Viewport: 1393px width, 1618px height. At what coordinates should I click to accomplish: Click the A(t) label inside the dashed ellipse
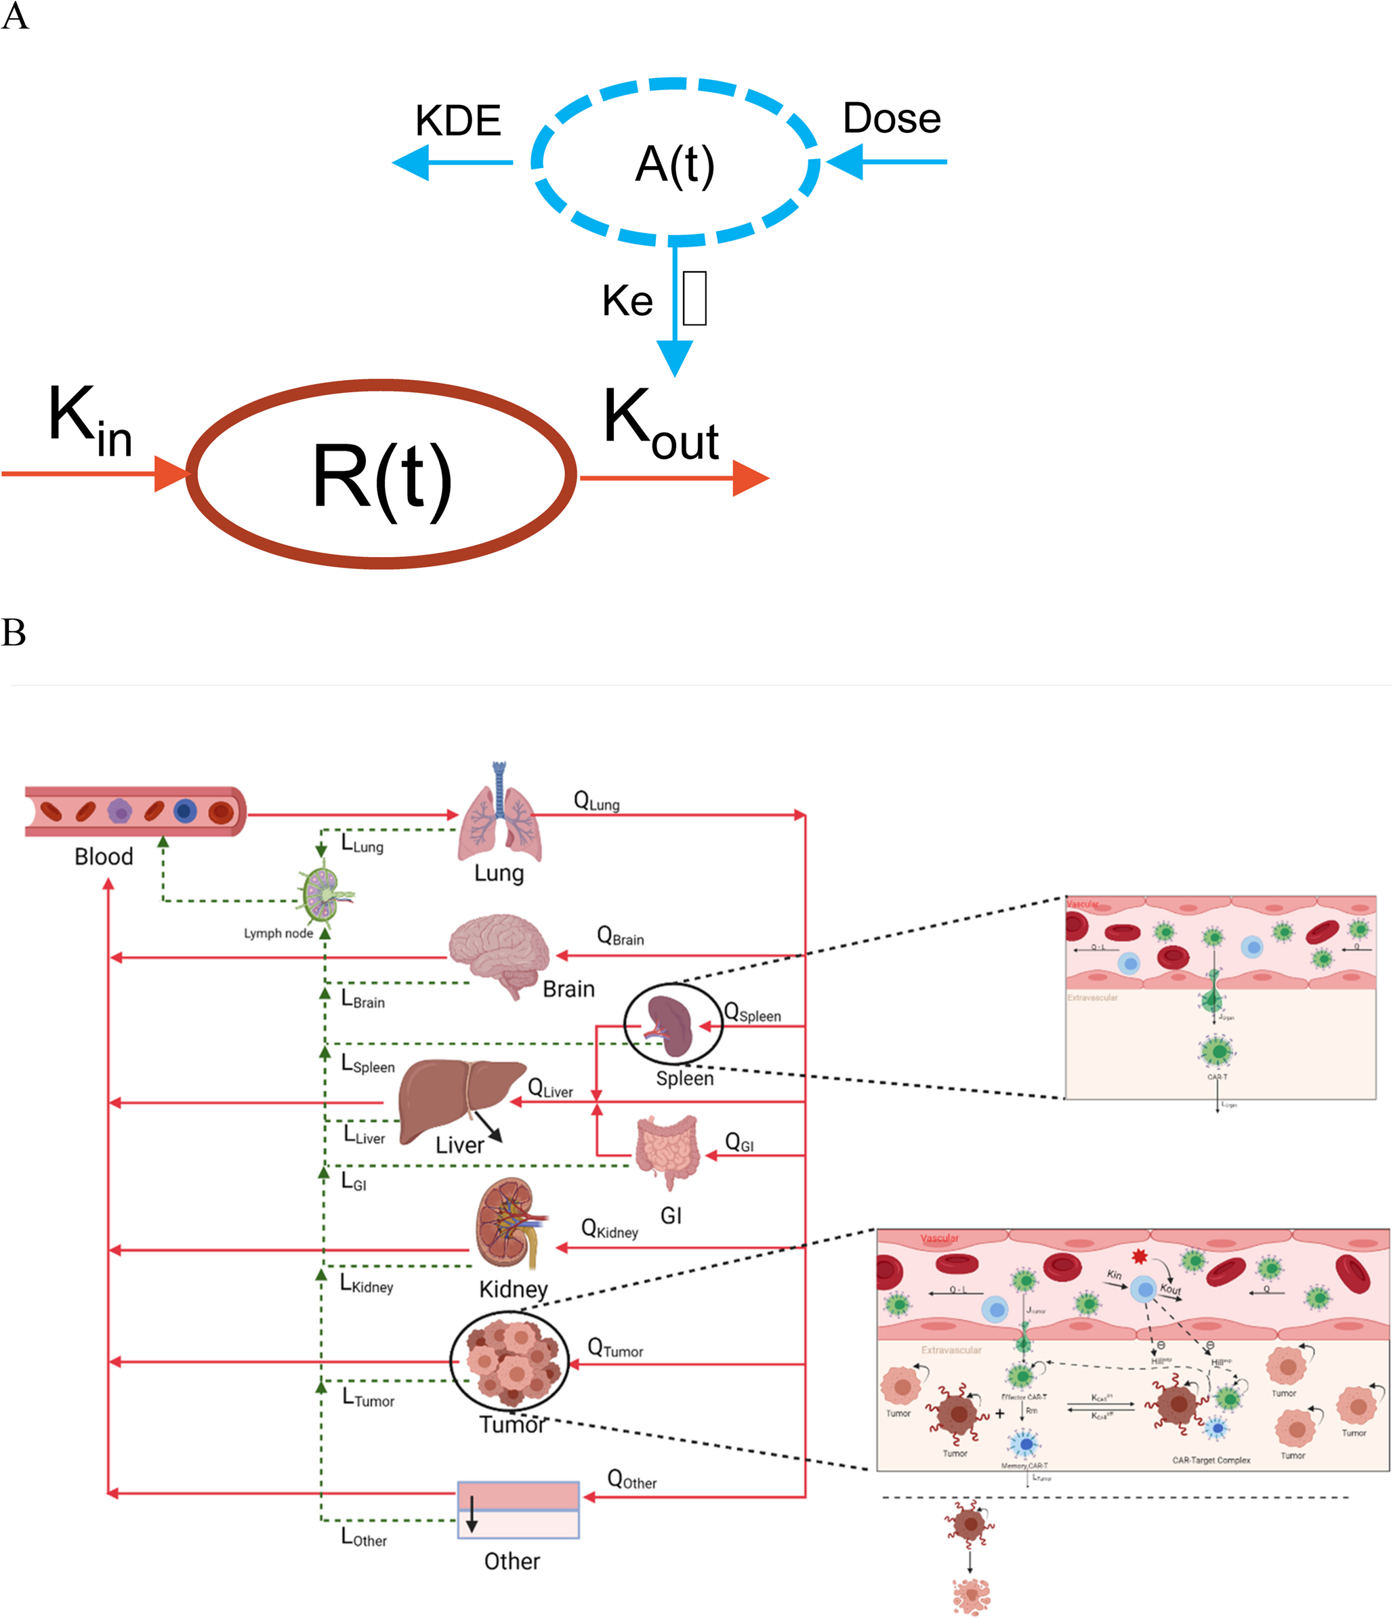[x=675, y=164]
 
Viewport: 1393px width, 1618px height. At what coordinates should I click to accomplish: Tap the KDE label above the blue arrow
[x=457, y=121]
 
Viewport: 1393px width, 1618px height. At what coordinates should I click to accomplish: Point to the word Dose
[x=892, y=119]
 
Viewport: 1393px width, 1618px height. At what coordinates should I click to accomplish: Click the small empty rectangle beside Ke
[x=694, y=297]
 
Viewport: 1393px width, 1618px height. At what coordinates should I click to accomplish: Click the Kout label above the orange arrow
[x=661, y=426]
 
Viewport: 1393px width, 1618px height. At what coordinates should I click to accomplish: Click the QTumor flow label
[x=615, y=1348]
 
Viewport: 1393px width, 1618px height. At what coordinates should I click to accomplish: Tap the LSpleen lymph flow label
[x=369, y=1064]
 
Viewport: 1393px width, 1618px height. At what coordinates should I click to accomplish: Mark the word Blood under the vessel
[x=104, y=856]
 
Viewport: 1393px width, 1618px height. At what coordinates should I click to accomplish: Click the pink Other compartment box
[x=518, y=1510]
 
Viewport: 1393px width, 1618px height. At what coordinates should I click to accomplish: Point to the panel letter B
[x=14, y=633]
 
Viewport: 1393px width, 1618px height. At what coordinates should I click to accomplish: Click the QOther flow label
[x=631, y=1480]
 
